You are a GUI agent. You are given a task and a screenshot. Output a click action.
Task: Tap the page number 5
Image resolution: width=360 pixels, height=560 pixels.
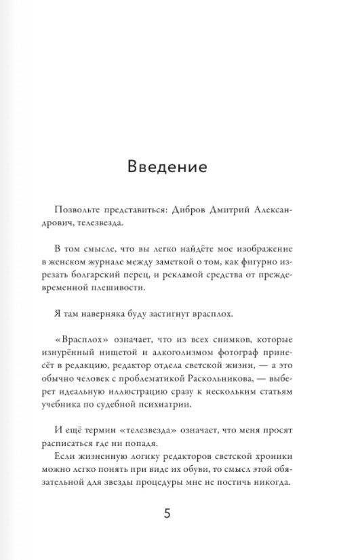tap(167, 513)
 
